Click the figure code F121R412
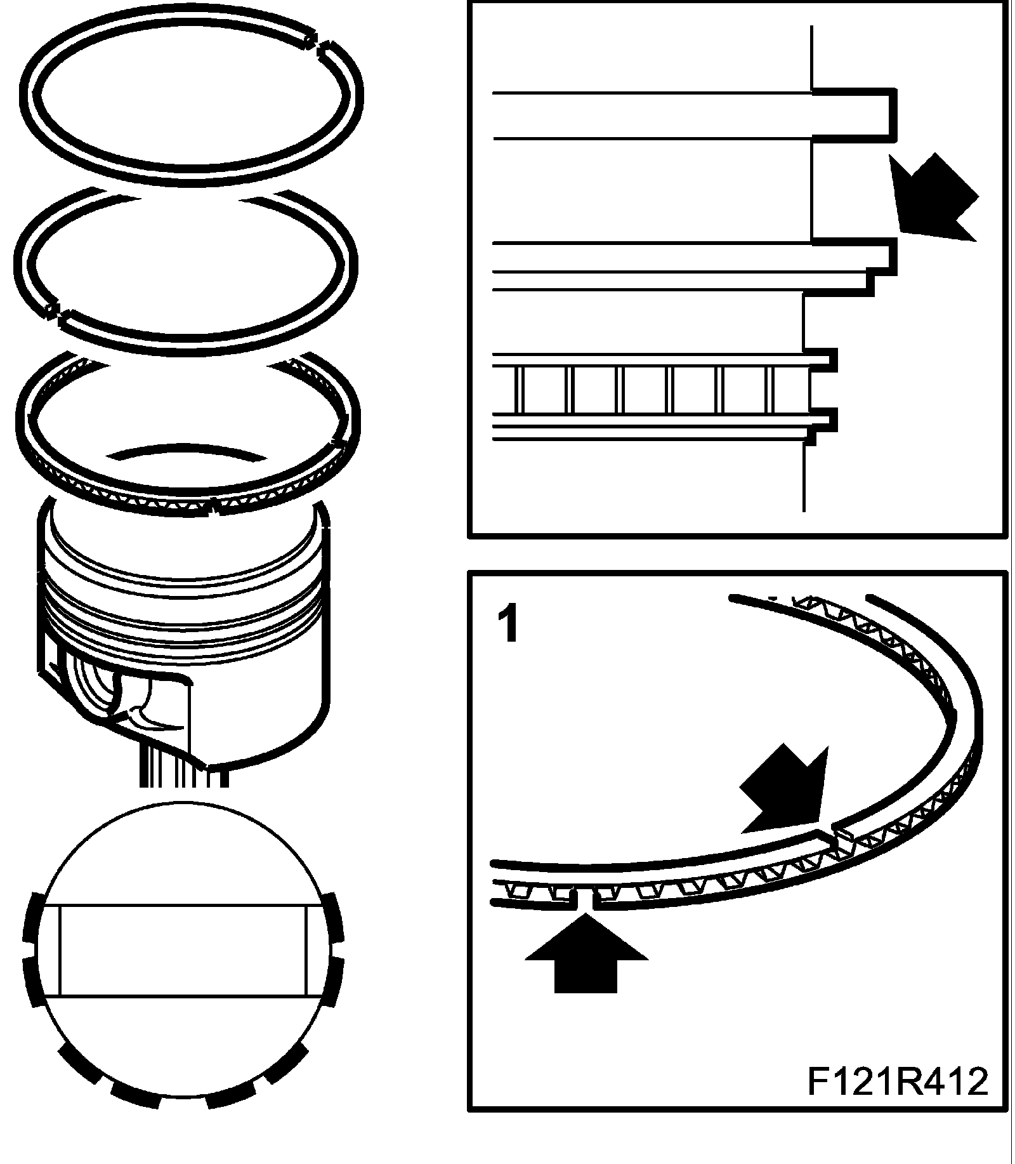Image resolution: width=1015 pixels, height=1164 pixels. (x=897, y=1081)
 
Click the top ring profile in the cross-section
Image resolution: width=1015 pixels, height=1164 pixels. (x=853, y=114)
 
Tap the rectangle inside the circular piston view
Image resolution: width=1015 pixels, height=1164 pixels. (x=184, y=949)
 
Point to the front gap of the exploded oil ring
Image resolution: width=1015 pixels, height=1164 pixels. (x=213, y=508)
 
